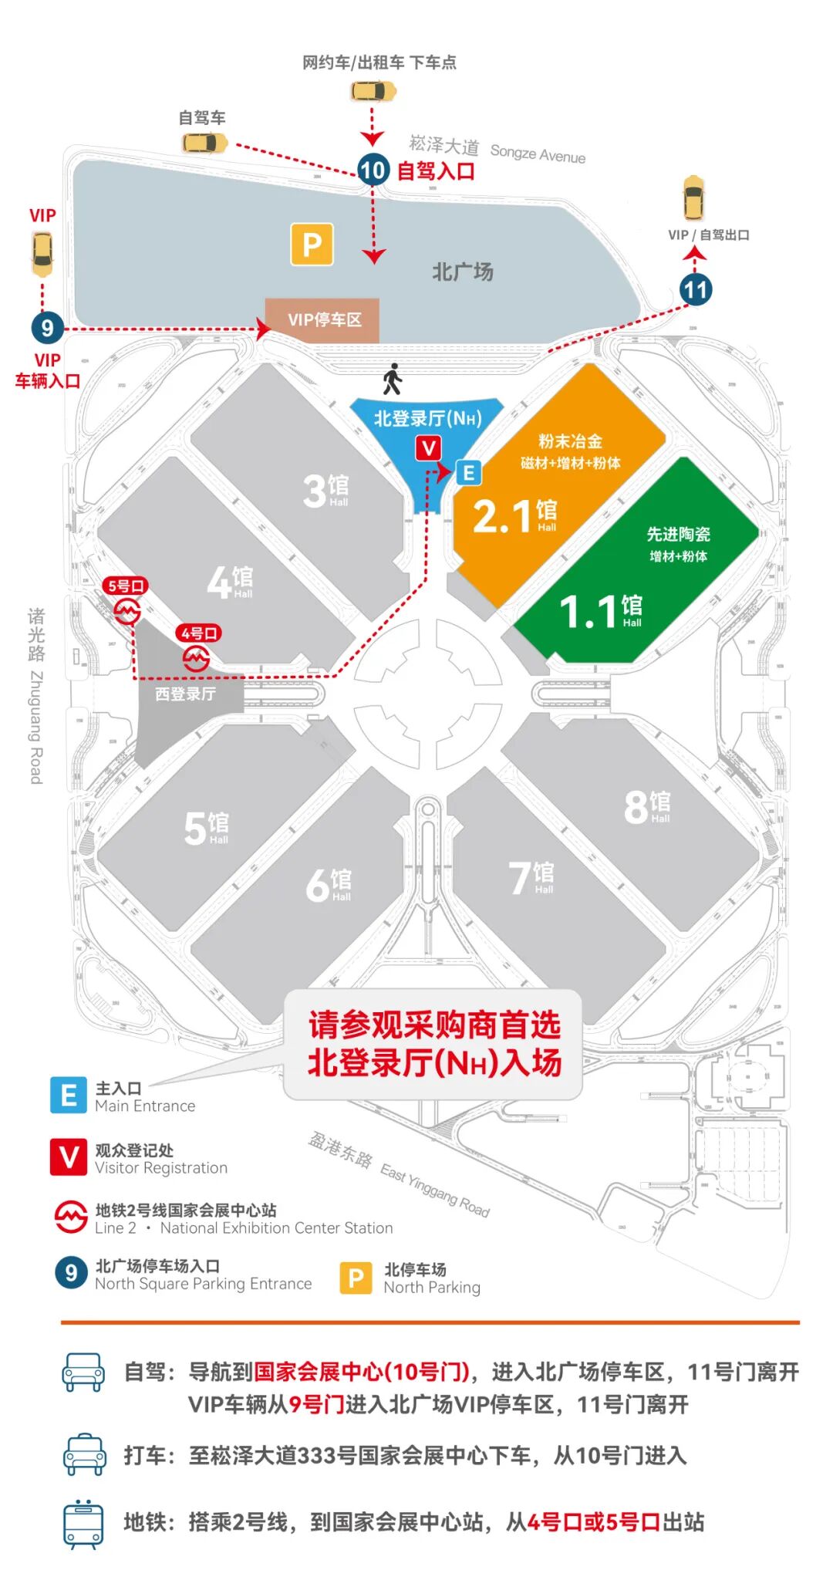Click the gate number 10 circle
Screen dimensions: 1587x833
[373, 170]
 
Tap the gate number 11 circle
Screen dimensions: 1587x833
[695, 290]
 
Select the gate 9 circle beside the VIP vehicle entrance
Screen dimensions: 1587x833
[47, 328]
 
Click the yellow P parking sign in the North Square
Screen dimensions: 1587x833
[312, 245]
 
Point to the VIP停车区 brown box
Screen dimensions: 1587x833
[322, 319]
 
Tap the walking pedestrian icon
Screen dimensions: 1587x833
[393, 379]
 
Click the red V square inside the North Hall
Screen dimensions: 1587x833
[429, 448]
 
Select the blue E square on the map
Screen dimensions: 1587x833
[468, 472]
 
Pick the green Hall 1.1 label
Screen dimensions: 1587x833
[600, 611]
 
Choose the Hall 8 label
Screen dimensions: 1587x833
[646, 806]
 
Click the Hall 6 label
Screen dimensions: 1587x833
[329, 884]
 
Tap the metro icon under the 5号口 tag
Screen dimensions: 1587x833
[127, 612]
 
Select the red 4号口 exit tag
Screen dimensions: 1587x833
[199, 633]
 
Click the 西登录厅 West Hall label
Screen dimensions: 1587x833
[185, 694]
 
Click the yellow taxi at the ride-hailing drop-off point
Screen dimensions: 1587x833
[373, 92]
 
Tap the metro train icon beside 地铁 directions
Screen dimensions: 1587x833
[83, 1524]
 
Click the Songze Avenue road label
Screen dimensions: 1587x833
[538, 154]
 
